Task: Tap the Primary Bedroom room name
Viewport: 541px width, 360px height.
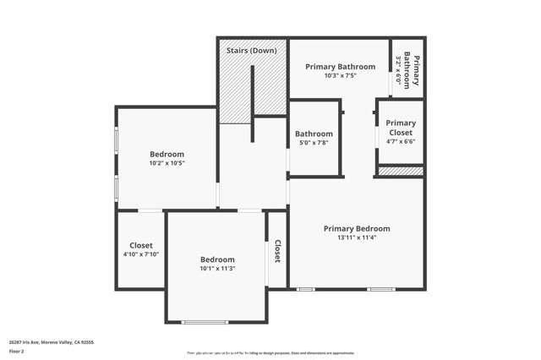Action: point(357,228)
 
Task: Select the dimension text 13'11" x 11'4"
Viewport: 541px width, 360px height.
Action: point(357,237)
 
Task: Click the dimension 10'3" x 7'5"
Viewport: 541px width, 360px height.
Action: point(340,75)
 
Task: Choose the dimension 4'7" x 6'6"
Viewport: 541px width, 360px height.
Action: point(401,142)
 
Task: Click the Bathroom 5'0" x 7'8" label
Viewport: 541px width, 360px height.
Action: point(314,134)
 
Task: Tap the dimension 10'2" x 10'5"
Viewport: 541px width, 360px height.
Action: point(167,163)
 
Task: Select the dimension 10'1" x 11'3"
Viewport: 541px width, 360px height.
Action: point(217,269)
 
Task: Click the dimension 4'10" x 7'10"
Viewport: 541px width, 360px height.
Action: point(141,254)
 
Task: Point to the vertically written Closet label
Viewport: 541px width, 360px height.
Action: point(277,251)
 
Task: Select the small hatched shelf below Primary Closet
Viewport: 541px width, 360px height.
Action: point(401,171)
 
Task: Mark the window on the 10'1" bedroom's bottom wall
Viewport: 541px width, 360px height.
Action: point(205,322)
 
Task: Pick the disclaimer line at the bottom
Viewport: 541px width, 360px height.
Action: point(270,353)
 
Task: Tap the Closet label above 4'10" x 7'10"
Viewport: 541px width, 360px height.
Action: point(141,245)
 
